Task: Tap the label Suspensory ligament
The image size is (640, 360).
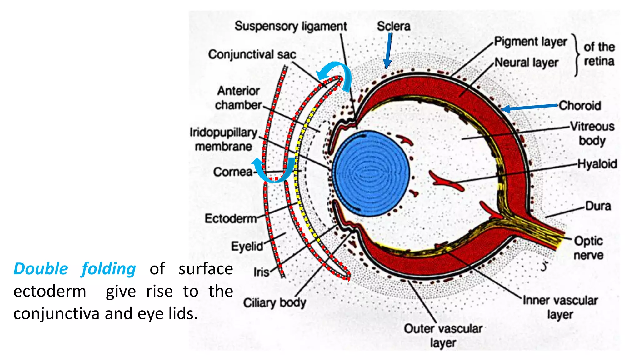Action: (x=291, y=27)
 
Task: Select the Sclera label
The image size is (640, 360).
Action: (x=393, y=26)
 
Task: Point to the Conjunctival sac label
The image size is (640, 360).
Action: (x=252, y=54)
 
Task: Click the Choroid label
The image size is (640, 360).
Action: (x=580, y=106)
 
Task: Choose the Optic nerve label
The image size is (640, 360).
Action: (x=588, y=248)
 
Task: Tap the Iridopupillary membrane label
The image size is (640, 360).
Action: (x=223, y=139)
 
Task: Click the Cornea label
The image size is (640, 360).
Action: (x=233, y=172)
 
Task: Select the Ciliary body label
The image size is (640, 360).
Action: (x=275, y=302)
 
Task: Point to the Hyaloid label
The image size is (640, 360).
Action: (x=597, y=164)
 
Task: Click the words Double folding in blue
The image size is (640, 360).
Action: (x=75, y=269)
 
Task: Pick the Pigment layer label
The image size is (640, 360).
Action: (x=530, y=42)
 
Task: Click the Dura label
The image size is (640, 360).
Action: (x=598, y=206)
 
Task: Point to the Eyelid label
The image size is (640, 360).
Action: (x=247, y=246)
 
